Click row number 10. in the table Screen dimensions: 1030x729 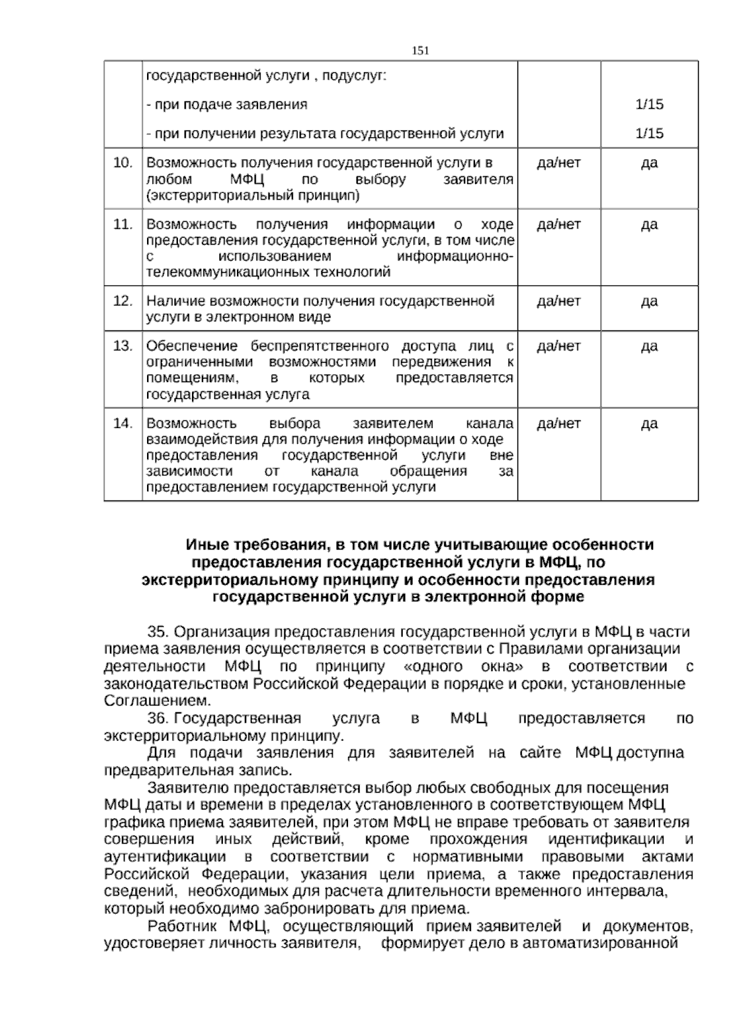point(123,163)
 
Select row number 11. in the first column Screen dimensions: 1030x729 point(123,225)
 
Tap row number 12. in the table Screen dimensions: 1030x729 point(123,301)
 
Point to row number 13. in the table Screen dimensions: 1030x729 point(123,346)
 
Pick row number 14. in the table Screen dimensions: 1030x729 point(123,423)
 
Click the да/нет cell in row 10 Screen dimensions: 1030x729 point(559,163)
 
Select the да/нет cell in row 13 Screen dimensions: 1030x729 point(559,346)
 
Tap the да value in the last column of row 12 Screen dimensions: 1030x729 point(649,301)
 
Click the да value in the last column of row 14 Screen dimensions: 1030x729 point(649,423)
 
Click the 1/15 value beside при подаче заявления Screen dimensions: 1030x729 point(649,104)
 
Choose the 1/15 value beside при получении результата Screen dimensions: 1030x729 point(649,134)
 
